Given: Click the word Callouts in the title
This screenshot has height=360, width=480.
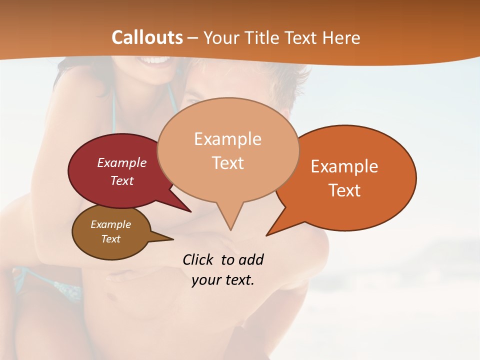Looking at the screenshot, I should pyautogui.click(x=147, y=37).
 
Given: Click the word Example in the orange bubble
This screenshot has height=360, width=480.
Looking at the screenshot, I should pyautogui.click(x=344, y=166).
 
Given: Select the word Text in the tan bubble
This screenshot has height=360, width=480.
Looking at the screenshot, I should pyautogui.click(x=228, y=163).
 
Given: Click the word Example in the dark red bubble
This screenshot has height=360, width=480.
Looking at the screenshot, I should pyautogui.click(x=122, y=162).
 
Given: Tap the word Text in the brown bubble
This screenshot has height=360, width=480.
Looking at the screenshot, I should pyautogui.click(x=111, y=239).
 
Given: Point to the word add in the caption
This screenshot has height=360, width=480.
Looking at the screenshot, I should pyautogui.click(x=251, y=259).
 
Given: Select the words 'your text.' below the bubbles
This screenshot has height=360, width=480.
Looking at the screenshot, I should pyautogui.click(x=223, y=280).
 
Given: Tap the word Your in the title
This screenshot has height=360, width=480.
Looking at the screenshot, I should pyautogui.click(x=221, y=38).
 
